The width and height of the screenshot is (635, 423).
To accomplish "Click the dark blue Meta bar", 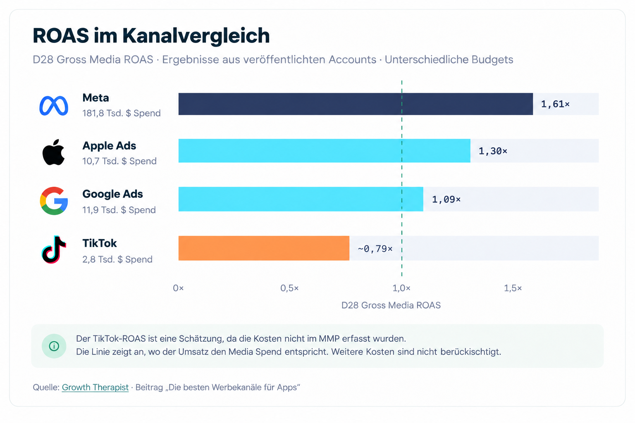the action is point(356,104).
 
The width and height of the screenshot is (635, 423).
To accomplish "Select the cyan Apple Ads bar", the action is point(324,151).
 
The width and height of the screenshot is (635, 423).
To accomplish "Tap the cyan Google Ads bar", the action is point(301,199).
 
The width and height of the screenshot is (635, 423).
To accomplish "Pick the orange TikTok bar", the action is point(264,248).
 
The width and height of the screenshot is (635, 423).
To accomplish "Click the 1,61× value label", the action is point(555,104).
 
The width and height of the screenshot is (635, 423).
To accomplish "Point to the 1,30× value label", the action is point(493,151).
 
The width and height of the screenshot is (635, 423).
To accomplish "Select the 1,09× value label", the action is point(446,200).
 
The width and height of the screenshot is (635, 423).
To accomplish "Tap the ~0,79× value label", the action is point(375,249).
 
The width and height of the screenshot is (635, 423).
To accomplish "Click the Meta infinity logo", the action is point(54,106).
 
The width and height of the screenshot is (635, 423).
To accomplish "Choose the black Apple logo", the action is point(53,152).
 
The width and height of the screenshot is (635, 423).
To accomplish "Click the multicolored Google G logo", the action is point(54,201).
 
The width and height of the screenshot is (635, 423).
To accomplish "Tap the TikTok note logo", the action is point(54,250).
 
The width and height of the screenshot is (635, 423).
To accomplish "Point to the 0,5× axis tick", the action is point(289,288).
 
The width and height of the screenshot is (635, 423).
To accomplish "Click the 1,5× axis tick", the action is point(513,288).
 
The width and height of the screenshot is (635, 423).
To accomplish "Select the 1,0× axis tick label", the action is point(401,288).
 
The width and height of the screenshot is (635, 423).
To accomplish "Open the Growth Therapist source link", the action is point(95,387).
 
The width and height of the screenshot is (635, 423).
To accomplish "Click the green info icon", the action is point(54,346).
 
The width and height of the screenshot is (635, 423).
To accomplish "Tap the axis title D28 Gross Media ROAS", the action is point(391,305).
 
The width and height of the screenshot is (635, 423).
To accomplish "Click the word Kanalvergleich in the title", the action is point(196,36).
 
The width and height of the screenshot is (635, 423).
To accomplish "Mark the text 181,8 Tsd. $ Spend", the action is point(121,113).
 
